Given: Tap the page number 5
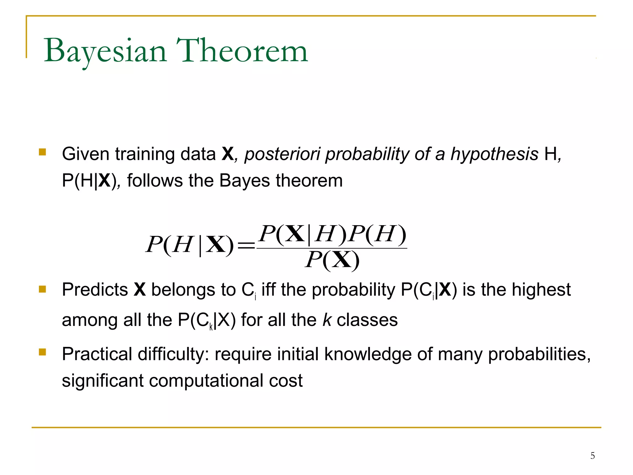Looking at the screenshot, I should tap(592, 456).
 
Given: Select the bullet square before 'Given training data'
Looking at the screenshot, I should tap(42, 152).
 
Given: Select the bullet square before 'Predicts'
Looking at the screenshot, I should tap(42, 289).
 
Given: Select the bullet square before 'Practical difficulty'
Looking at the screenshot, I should tap(42, 352).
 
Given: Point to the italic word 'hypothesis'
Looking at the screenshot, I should tap(494, 154).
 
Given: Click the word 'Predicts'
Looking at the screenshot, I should tap(95, 290).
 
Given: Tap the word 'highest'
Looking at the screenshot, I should tap(541, 290).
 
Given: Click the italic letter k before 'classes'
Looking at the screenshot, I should tap(327, 320).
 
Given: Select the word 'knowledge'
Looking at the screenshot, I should tap(368, 354).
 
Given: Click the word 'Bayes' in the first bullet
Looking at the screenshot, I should tap(244, 181).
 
